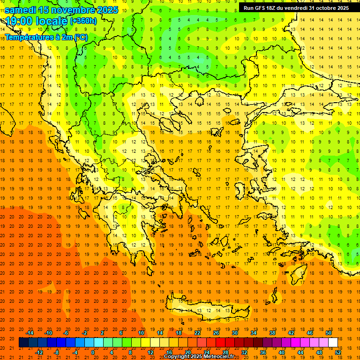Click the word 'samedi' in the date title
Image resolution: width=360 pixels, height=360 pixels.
click(x=21, y=10)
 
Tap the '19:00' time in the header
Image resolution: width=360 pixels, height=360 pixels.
click(x=19, y=21)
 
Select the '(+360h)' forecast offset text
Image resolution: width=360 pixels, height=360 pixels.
click(x=83, y=21)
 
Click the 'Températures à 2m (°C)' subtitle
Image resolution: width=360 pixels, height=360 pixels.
click(x=46, y=37)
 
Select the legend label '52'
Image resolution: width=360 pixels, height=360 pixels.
click(x=338, y=352)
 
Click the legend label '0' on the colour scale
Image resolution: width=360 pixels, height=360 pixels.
click(x=93, y=352)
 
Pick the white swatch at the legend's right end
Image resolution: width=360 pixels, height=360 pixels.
click(x=333, y=343)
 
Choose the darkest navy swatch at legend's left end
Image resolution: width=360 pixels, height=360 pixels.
click(x=23, y=343)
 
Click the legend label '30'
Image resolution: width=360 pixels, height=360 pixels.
click(x=235, y=333)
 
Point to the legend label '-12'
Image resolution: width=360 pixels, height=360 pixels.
click(x=39, y=352)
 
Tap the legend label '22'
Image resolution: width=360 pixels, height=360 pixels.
click(x=197, y=333)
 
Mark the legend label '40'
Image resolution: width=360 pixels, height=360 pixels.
click(x=282, y=352)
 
